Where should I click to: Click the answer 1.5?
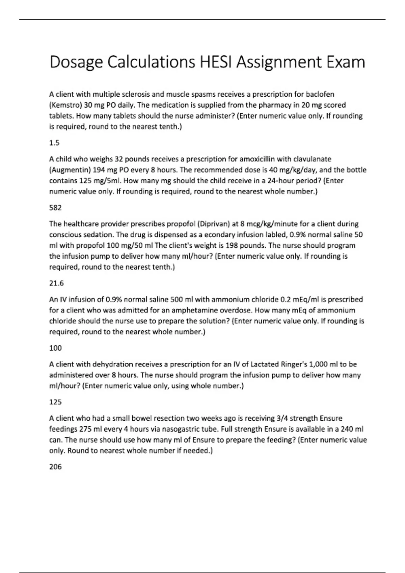point(54,143)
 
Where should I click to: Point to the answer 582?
point(55,208)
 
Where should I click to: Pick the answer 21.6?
point(56,283)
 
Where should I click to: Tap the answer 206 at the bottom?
point(55,467)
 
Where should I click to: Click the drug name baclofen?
point(321,94)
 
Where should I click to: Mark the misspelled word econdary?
point(181,235)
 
